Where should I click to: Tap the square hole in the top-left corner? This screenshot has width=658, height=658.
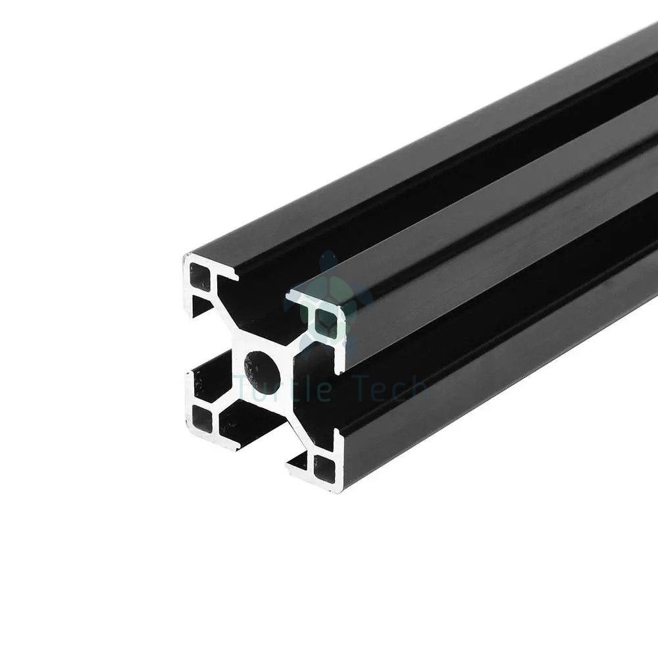200,276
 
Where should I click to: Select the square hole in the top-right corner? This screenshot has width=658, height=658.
327,322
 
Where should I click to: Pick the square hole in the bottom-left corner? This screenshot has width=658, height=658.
203,418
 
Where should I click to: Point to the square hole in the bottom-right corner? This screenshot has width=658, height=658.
325,467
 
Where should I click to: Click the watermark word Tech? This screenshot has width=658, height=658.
386,388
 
